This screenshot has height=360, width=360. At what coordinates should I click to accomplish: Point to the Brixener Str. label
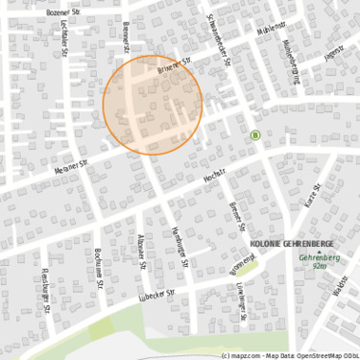(175, 63)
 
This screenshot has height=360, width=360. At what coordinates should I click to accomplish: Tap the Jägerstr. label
(334, 55)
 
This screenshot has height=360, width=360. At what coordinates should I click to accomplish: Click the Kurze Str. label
(310, 198)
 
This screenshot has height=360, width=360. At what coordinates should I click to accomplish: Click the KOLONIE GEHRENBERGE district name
(290, 243)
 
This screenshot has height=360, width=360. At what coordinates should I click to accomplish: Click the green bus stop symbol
(255, 135)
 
